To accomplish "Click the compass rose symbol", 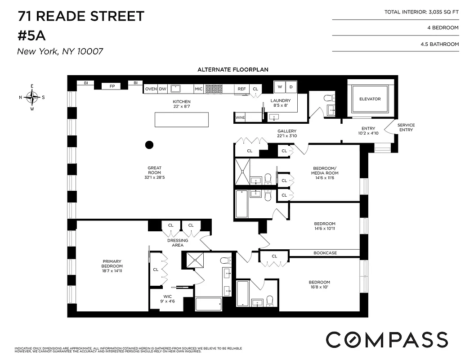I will [32, 97].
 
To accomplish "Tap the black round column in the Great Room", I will [149, 144].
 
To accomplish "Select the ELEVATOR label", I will [370, 99].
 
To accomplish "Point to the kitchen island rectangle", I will [182, 120].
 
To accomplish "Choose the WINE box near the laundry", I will [240, 117].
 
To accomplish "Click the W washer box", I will [279, 86].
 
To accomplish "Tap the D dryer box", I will [291, 86].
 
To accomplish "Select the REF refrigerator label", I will [241, 89].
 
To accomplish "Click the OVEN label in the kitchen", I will [151, 89].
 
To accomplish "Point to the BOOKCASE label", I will [325, 253].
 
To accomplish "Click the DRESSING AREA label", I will [178, 243].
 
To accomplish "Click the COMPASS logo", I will [386, 339].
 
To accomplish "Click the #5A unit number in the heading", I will [33, 35].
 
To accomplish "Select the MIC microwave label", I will [198, 89].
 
